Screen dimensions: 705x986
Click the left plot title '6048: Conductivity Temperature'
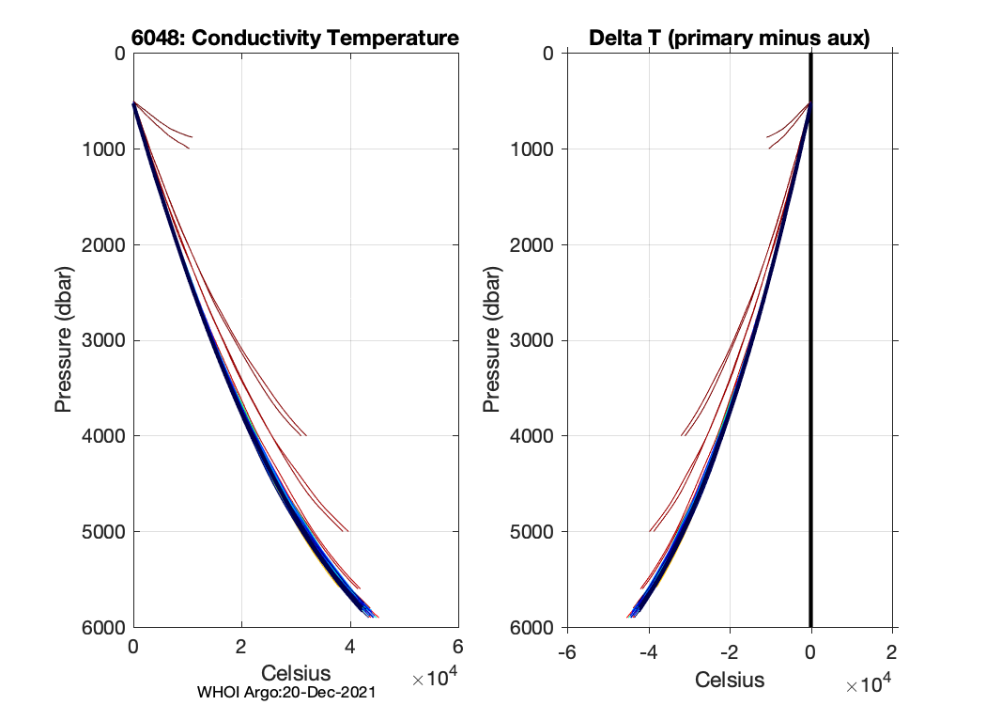coord(295,39)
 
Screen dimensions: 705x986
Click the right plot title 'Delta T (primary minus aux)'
coord(729,39)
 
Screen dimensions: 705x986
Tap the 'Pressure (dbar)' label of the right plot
coord(491,340)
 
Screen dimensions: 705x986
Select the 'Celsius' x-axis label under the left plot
coord(296,673)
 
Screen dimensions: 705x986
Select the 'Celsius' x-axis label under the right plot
coord(730,679)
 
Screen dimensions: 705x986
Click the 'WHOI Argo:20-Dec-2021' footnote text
coord(286,692)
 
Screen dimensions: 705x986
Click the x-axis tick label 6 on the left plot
coord(458,648)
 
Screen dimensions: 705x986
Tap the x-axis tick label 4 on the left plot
coord(350,648)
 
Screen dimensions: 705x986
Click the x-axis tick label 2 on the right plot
coord(891,653)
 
